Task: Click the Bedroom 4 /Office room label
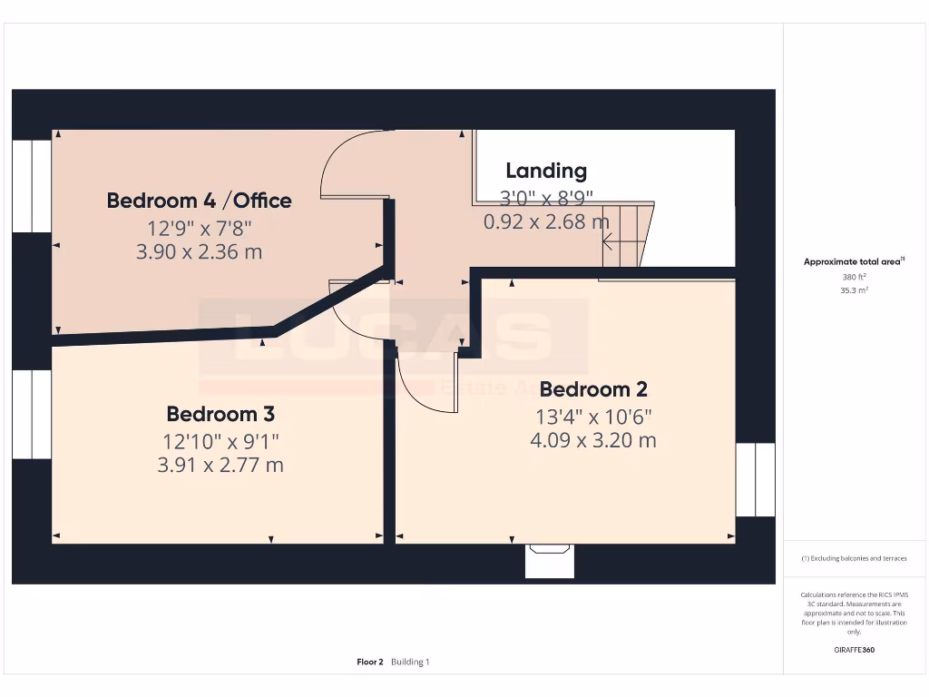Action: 199,201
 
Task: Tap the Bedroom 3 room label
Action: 220,414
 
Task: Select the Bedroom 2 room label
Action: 593,389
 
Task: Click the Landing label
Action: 545,171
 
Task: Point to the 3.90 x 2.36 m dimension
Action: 199,252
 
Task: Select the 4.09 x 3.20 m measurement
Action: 593,441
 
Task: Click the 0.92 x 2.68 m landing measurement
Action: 546,221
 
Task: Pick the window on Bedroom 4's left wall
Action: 32,186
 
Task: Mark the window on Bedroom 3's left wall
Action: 32,414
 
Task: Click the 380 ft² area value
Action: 853,277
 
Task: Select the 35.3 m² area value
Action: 853,290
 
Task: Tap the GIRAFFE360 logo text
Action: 853,650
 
